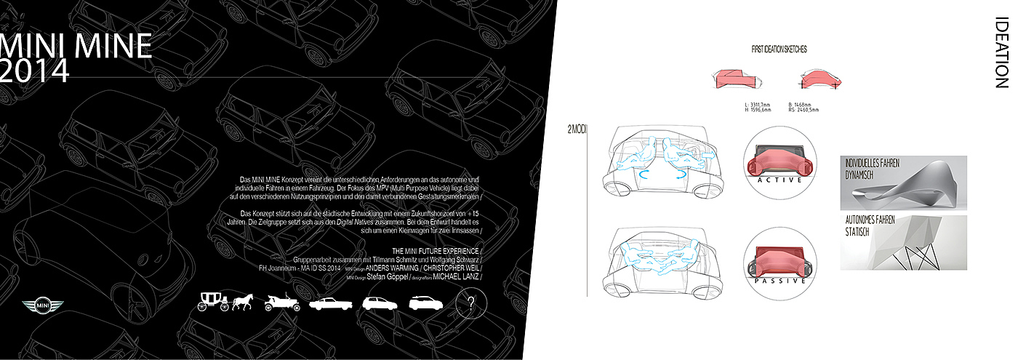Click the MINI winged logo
click(x=43, y=306)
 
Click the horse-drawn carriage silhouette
click(x=212, y=302)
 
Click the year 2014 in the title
click(x=35, y=70)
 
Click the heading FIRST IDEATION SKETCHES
click(x=779, y=49)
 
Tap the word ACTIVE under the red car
click(x=779, y=180)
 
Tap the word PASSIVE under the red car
click(x=779, y=280)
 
